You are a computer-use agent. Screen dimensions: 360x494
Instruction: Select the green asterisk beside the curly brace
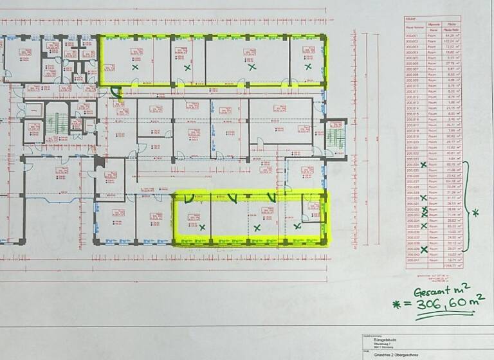pos(475,212)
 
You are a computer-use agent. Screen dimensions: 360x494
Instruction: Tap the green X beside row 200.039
pos(423,249)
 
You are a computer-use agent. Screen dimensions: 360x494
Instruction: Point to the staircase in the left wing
pos(56,122)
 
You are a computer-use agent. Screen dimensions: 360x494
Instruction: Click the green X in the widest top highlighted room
pos(251,66)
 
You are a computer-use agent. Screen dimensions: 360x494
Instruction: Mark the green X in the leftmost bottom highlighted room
pos(203,227)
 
